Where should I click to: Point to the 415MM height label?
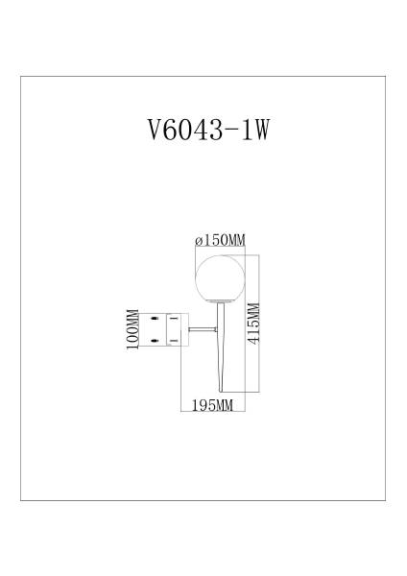[x=253, y=324]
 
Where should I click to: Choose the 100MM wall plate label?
[x=131, y=329]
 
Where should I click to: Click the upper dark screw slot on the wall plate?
[x=154, y=318]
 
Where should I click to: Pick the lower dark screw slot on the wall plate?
[x=154, y=340]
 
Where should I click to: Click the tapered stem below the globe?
[x=220, y=346]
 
